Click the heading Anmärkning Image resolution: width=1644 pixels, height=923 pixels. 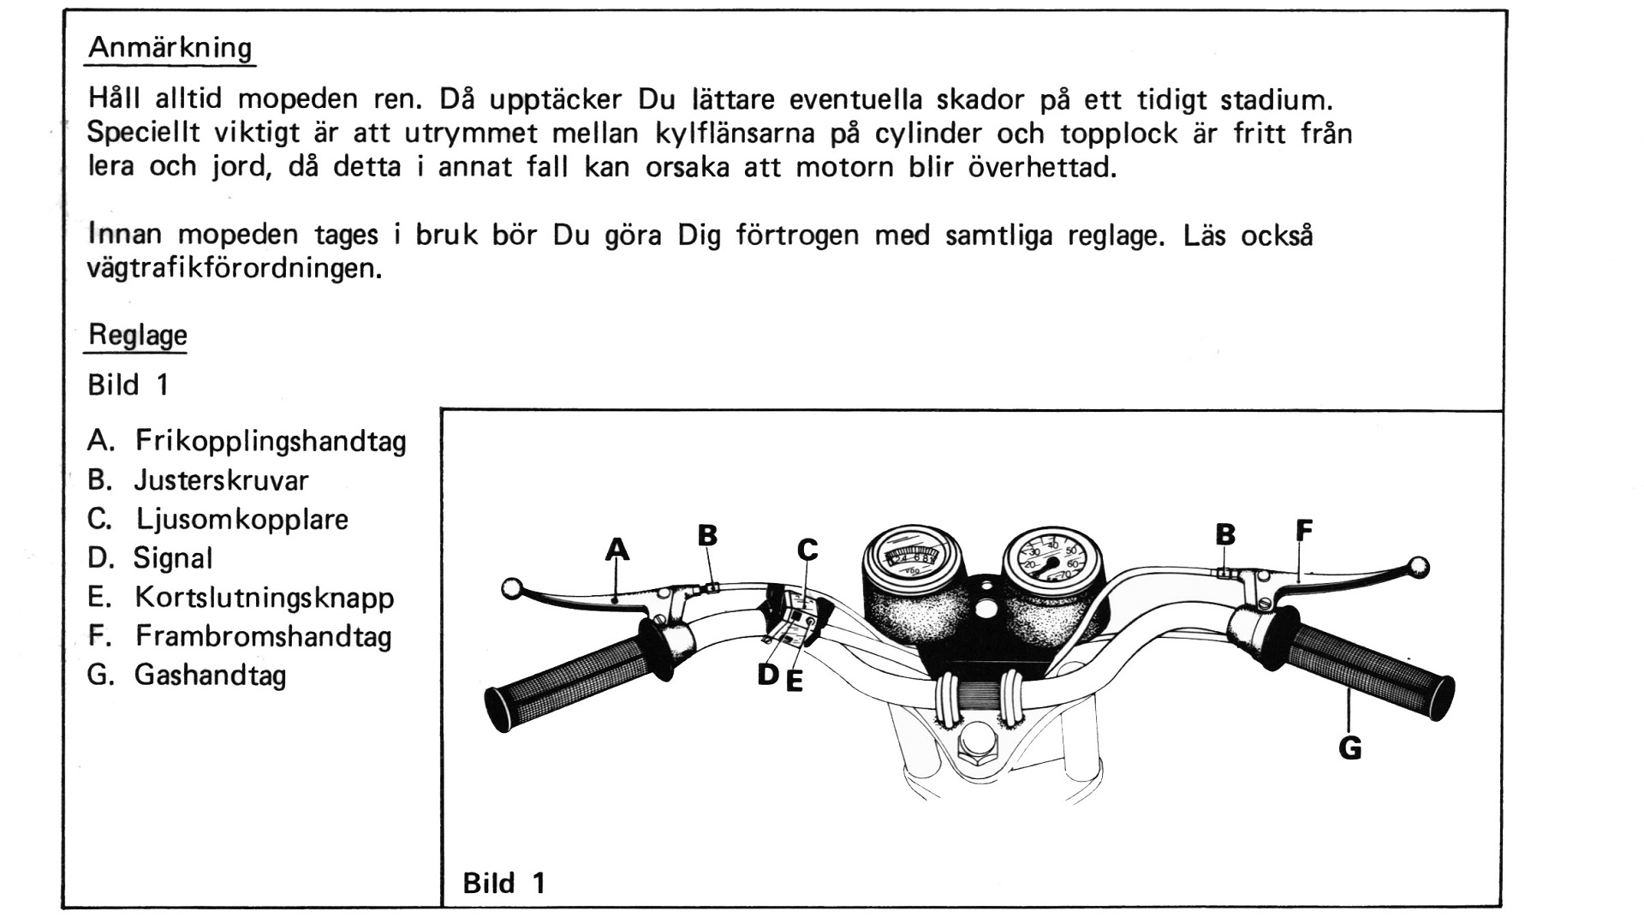tap(170, 47)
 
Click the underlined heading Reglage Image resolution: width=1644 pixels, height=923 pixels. tap(137, 335)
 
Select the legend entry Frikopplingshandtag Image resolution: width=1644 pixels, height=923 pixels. tap(270, 442)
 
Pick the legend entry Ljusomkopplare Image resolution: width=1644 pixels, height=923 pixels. tap(241, 520)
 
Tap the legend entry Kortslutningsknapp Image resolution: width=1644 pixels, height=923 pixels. tap(264, 598)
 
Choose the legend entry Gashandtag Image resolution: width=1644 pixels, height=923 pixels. tap(210, 676)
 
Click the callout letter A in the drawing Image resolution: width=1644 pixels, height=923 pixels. tap(616, 549)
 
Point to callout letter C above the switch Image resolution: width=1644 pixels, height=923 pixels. tap(807, 550)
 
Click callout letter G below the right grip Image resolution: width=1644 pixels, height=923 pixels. tap(1349, 748)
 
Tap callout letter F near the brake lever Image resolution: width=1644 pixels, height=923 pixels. tap(1303, 531)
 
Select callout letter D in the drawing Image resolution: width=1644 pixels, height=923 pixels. tap(768, 675)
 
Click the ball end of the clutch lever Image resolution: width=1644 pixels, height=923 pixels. tap(512, 588)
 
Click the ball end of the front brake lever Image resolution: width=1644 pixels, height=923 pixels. tap(1418, 566)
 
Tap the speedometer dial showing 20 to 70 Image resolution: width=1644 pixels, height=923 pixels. tap(1051, 557)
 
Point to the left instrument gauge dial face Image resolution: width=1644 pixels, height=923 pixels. tap(913, 555)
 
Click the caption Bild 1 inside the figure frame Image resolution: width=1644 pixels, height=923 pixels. tap(503, 883)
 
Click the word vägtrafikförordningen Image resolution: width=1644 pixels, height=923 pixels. tap(233, 269)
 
